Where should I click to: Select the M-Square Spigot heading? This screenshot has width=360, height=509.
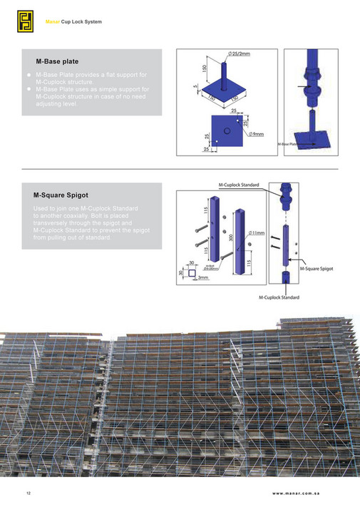click(x=66, y=195)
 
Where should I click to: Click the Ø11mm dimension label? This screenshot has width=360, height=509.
click(x=257, y=233)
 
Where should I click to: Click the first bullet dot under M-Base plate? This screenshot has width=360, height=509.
click(x=29, y=75)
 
